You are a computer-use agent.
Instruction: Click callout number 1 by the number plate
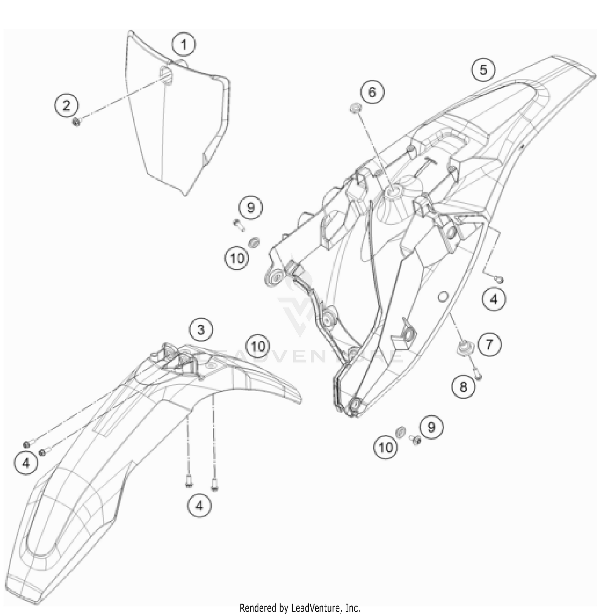[184, 45]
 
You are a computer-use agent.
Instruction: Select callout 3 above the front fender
[201, 330]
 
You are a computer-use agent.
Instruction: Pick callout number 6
[372, 92]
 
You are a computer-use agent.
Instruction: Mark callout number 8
[463, 386]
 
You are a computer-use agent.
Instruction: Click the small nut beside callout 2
[76, 122]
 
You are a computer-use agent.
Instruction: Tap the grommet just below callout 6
[355, 108]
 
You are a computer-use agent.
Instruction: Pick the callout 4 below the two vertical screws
[199, 506]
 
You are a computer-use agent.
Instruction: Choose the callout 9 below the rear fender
[431, 427]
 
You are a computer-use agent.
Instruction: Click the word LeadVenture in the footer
[312, 608]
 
